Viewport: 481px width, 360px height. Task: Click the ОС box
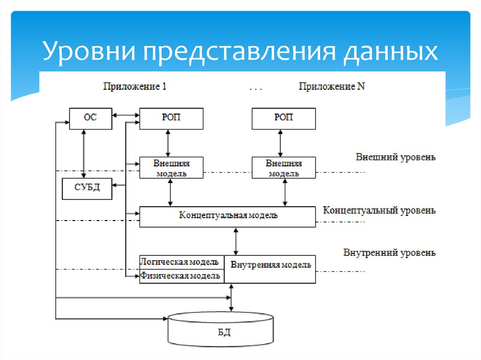90,118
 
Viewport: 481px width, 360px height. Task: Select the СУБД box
87,189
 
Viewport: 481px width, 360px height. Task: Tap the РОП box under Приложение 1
171,118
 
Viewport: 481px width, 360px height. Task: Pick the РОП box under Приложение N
283,118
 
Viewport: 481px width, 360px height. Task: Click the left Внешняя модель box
171,168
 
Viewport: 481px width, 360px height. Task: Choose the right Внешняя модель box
283,168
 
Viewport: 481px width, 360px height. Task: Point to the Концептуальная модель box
228,216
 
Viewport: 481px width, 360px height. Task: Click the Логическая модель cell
181,261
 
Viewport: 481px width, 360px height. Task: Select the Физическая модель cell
181,276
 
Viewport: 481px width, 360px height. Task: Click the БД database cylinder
221,331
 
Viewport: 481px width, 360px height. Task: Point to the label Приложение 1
134,87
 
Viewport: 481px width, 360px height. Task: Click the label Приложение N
332,87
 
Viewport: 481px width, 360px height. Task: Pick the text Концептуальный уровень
379,210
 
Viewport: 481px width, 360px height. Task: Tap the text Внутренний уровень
389,253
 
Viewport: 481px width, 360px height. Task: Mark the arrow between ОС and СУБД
84,154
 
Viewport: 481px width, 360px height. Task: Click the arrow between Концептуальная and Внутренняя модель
236,241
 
